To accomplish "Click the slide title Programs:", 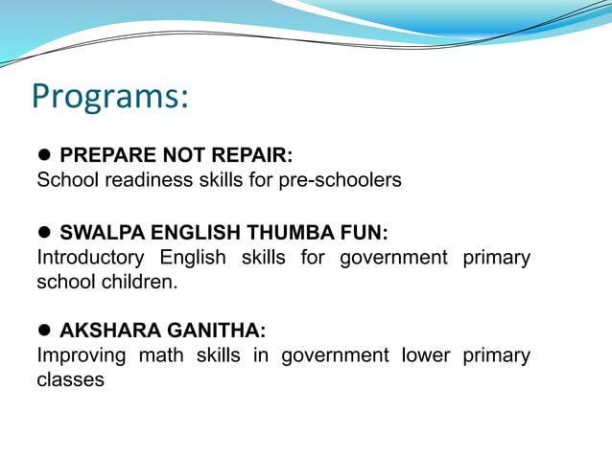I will (x=110, y=97).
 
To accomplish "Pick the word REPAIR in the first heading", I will (x=252, y=155).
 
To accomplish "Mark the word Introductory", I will (x=90, y=258).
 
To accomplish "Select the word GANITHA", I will (x=211, y=332).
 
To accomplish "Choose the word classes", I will (x=70, y=380).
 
